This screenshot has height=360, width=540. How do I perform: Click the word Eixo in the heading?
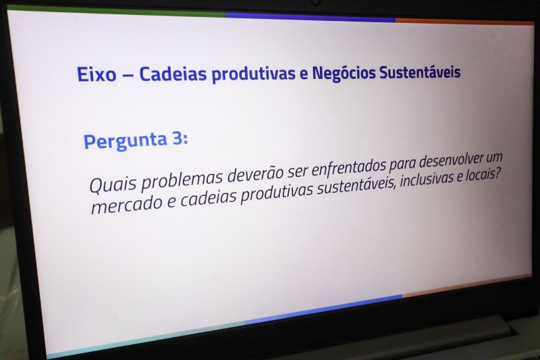point(97,74)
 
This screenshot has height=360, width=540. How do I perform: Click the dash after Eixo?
point(128,74)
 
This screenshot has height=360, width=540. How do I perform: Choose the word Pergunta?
point(125,140)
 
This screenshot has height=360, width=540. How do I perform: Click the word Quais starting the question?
point(110,183)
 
